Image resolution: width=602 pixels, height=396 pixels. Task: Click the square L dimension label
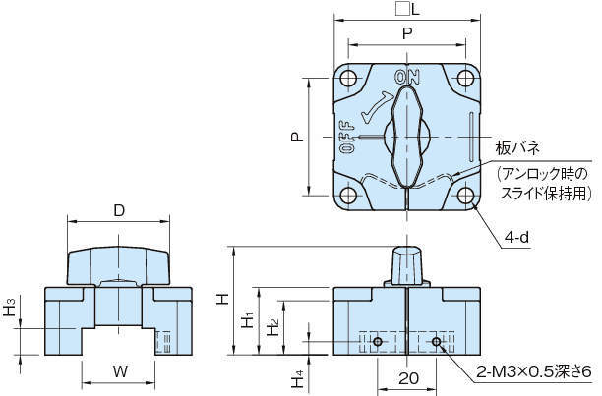tap(406, 10)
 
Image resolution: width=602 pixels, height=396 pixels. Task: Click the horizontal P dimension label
tap(407, 32)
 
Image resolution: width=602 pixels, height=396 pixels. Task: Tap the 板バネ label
tap(517, 148)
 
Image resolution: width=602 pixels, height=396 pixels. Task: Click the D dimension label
tap(118, 210)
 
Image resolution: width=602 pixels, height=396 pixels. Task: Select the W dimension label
tap(119, 372)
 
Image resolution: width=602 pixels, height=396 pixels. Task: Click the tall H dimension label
tap(224, 296)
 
